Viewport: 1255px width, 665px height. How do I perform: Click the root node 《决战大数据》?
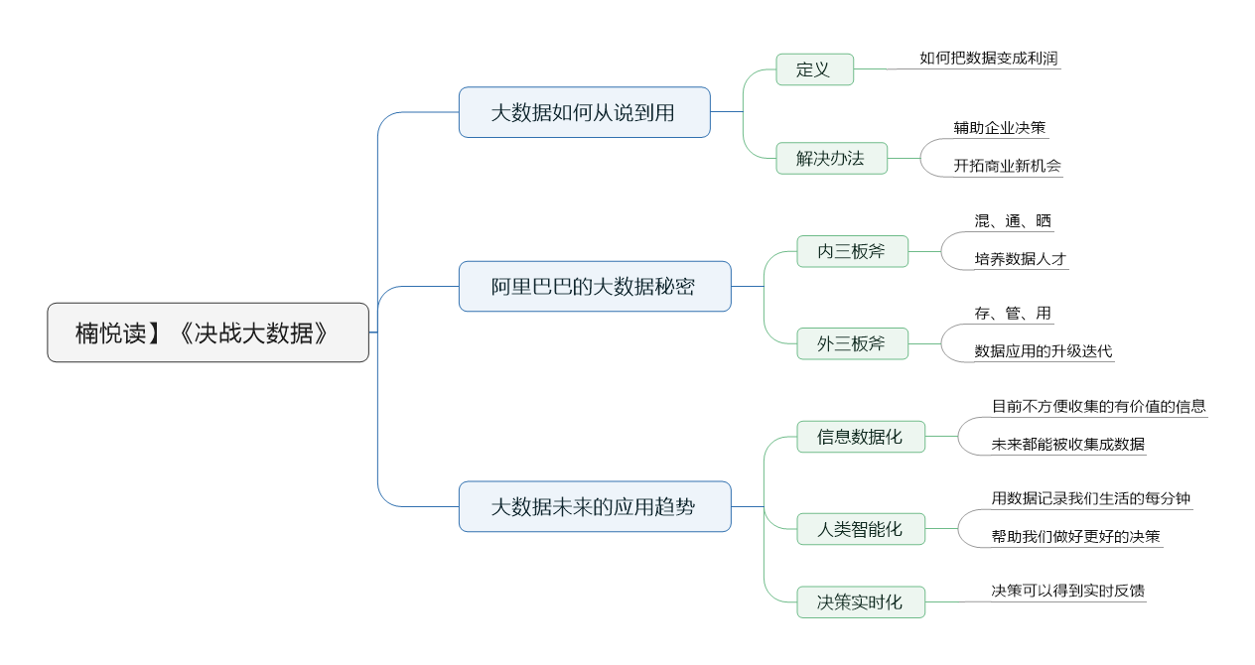208,332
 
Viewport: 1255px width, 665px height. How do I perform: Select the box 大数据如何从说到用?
585,112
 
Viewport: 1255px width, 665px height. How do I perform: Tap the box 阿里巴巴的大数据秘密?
595,286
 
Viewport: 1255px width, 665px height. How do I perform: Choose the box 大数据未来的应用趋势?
595,506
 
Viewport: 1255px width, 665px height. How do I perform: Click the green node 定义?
814,69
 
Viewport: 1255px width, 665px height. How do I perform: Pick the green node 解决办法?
831,159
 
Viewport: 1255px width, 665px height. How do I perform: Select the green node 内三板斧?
852,251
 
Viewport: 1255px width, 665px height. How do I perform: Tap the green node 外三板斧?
852,343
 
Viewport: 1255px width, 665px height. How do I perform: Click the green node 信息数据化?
861,437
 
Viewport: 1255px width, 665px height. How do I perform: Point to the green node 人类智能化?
861,529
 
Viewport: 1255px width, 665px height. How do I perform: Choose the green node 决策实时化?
861,602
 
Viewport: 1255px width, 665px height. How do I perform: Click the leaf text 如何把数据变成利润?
988,59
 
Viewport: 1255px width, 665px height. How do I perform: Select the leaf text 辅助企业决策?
1000,128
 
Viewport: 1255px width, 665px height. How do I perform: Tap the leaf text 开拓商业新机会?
1008,166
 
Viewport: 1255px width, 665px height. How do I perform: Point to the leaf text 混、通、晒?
1013,220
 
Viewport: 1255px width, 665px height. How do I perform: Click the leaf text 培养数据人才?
1021,259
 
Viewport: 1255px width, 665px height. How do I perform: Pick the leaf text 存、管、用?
1013,314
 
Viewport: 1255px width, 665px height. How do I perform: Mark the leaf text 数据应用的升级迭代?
1044,351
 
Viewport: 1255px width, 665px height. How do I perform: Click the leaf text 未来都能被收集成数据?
1068,445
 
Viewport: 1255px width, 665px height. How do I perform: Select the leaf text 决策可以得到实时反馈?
1068,591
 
